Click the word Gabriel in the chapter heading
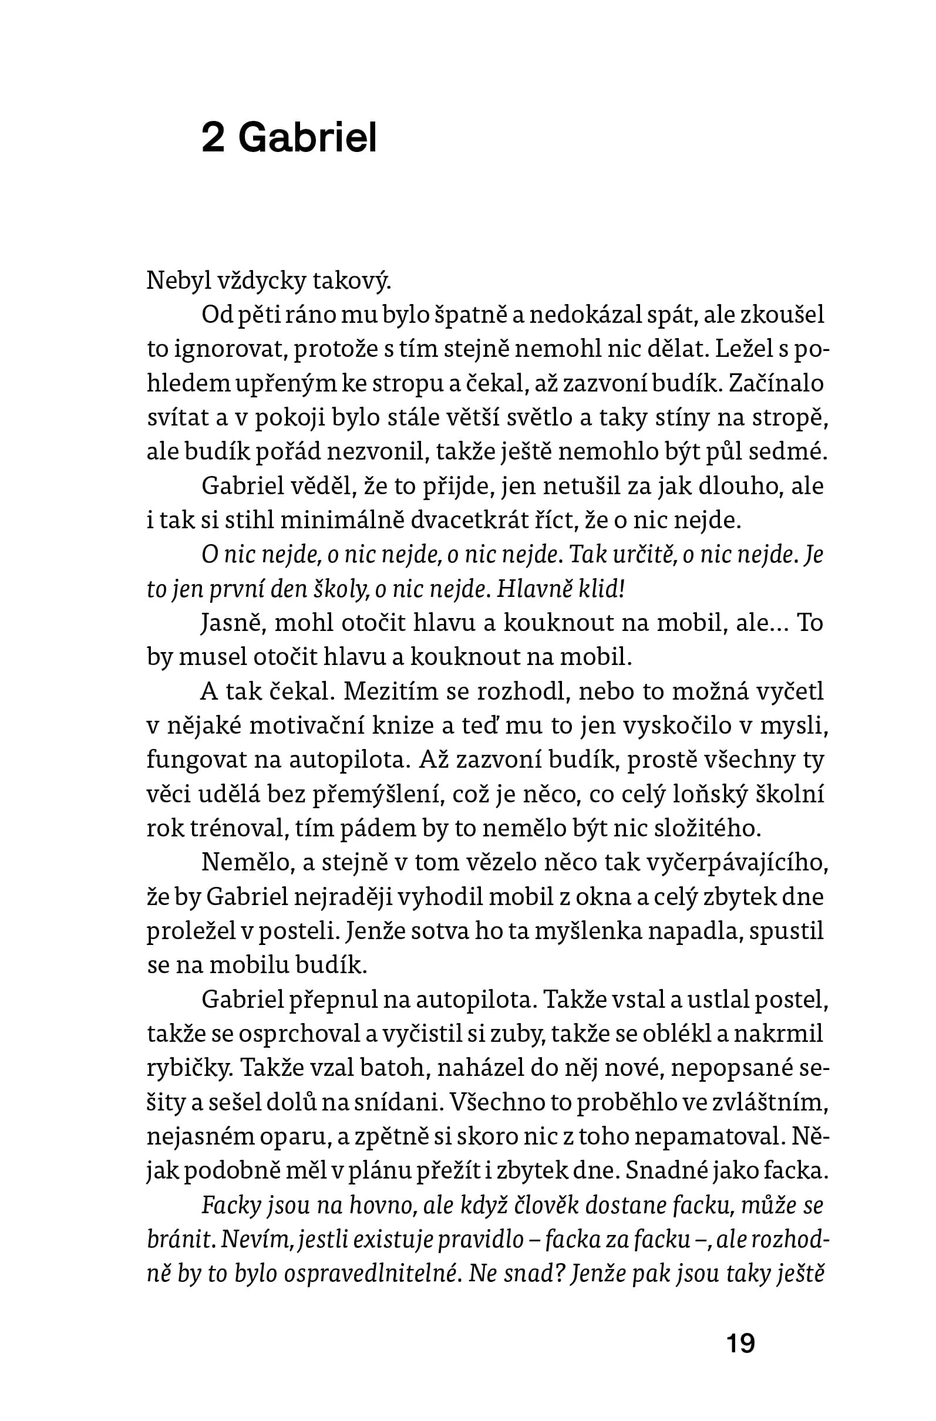click(308, 139)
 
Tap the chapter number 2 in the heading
click(213, 139)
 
